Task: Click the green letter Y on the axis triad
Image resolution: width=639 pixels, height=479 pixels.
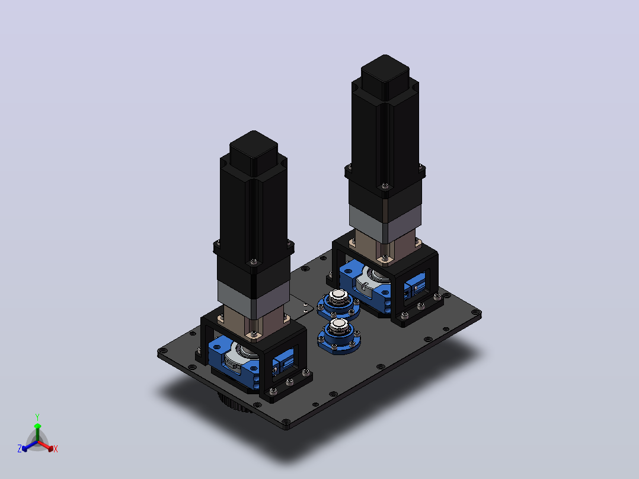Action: point(37,417)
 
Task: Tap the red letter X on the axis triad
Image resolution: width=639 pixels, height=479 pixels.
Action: point(56,449)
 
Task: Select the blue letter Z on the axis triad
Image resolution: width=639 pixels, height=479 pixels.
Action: point(20,448)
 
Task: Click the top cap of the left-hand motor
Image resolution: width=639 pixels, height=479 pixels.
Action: point(254,152)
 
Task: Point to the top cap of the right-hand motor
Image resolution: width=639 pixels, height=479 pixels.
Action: point(385,76)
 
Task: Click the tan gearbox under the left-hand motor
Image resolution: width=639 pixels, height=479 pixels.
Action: point(254,324)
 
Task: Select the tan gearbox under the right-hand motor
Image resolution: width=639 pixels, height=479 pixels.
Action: point(385,247)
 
